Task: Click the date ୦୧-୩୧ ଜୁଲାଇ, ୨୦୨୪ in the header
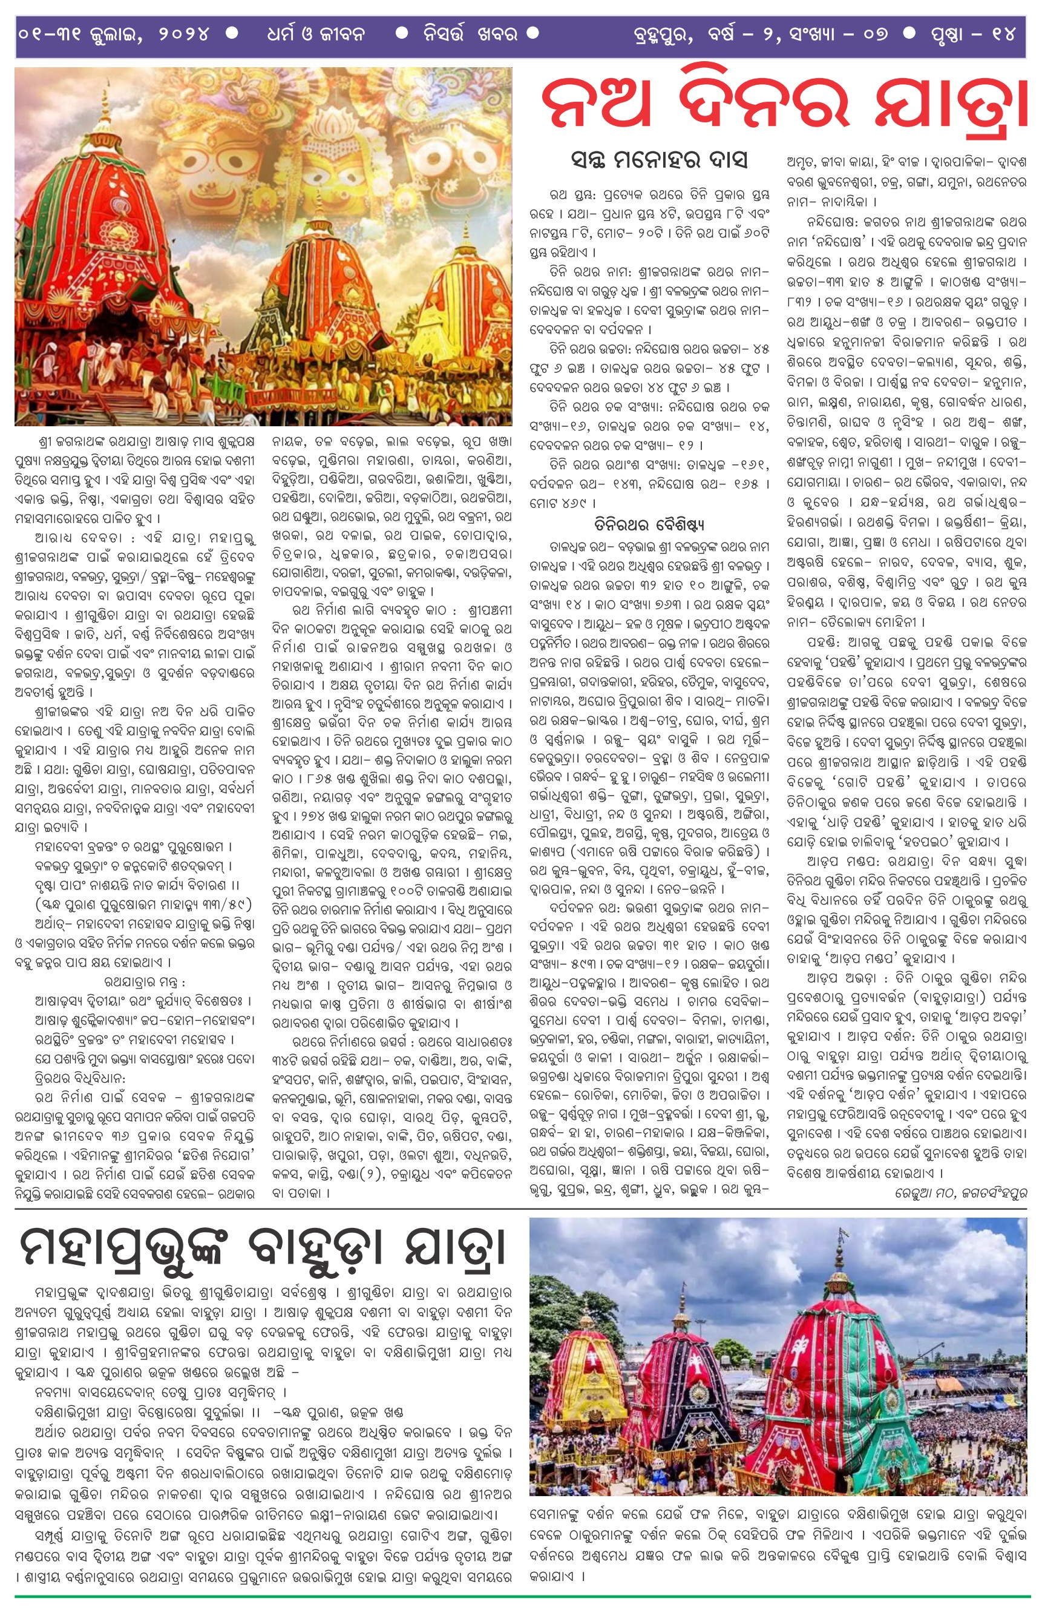(114, 34)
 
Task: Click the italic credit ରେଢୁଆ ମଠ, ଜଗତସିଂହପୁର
(954, 1194)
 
